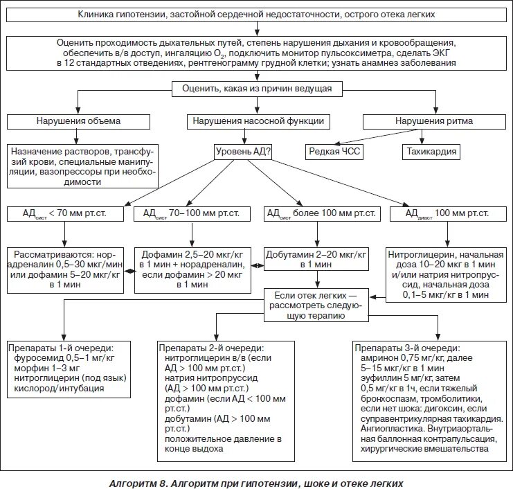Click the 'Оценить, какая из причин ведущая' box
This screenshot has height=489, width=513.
coord(257,89)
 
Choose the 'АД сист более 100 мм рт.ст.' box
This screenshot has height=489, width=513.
coord(321,214)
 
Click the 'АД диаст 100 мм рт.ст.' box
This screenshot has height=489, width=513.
coord(449,214)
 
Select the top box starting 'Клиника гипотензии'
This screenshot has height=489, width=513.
coord(257,14)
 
